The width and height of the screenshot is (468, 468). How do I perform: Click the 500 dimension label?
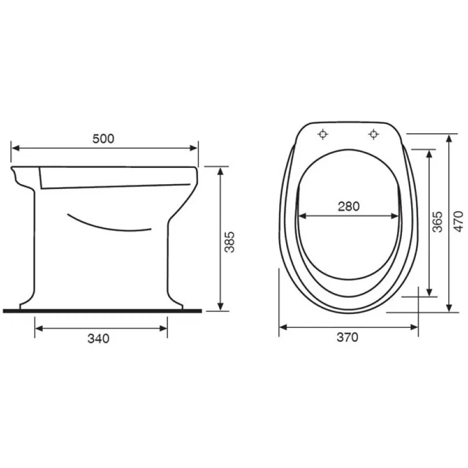[x=103, y=139]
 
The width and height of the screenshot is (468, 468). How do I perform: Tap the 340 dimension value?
[x=98, y=338]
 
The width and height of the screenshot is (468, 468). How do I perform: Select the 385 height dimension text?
[x=229, y=242]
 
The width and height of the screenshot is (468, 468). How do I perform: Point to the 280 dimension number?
[x=349, y=206]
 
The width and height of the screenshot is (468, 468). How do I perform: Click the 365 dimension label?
[x=437, y=222]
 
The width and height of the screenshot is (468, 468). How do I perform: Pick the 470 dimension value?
[x=459, y=221]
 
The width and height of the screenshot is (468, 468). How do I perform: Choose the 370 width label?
[x=348, y=337]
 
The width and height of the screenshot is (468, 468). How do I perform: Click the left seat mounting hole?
[x=323, y=134]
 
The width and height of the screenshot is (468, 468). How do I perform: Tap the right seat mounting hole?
[x=374, y=134]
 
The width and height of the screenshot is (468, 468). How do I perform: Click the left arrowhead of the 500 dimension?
[x=16, y=148]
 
